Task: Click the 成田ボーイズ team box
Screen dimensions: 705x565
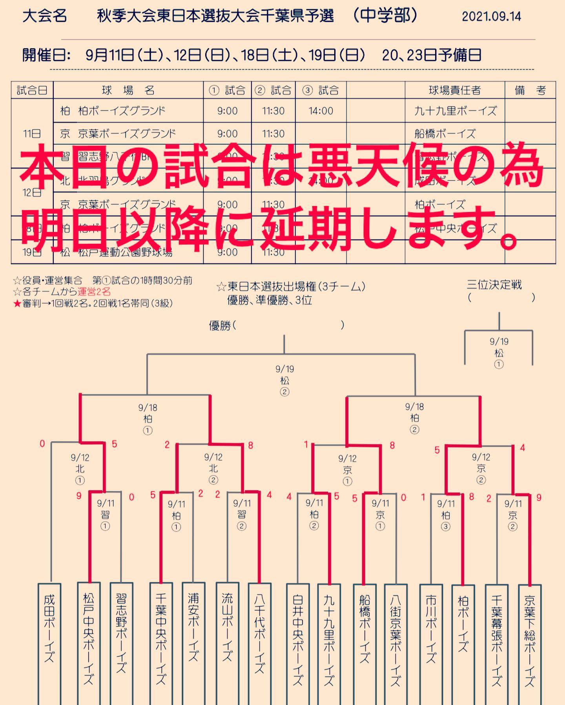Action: pos(49,643)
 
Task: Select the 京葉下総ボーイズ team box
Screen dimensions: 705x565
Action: pos(530,643)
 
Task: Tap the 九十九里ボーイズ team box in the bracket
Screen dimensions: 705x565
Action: pos(329,643)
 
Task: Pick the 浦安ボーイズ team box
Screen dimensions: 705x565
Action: pos(193,643)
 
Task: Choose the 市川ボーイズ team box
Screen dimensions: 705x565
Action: pos(431,643)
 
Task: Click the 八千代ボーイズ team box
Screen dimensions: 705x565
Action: pos(259,643)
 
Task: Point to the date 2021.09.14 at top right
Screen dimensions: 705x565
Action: pos(491,16)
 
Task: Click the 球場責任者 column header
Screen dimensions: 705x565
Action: pos(454,91)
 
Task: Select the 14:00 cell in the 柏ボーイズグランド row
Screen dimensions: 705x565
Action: pos(321,111)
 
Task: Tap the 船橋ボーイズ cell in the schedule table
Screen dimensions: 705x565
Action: pos(445,134)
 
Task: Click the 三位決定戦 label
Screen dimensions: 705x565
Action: pos(494,285)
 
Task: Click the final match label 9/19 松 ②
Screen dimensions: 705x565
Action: pos(284,380)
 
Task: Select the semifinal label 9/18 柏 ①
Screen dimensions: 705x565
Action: pos(148,419)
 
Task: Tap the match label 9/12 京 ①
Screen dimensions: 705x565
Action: pos(347,469)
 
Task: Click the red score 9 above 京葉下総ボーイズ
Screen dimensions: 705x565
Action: pos(539,498)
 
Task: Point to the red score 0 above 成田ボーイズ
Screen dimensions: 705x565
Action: pos(42,444)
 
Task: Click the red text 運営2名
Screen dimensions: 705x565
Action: pos(94,292)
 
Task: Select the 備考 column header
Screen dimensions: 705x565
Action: pos(530,91)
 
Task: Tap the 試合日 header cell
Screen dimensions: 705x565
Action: pos(32,91)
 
